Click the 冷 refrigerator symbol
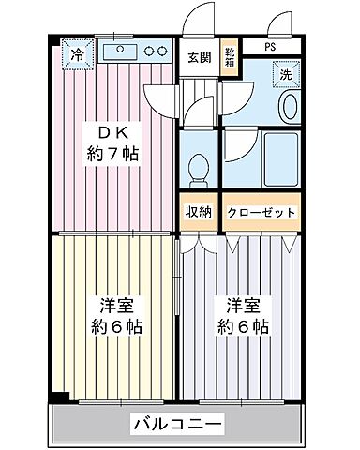coord(79,55)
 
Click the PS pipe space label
coord(270,46)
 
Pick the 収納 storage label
coord(197,213)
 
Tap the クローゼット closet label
coord(262,213)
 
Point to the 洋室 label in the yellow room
coord(116,305)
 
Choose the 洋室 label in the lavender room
coord(241,305)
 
